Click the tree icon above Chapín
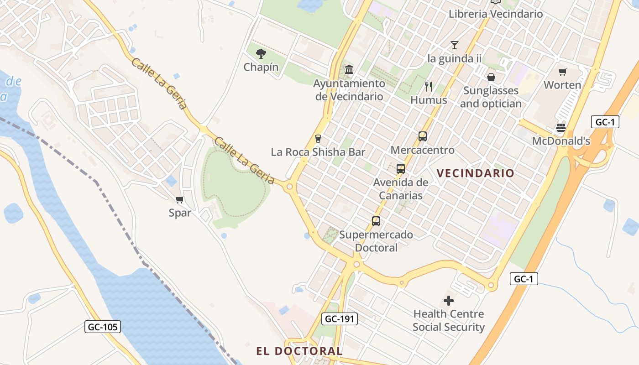pyautogui.click(x=261, y=54)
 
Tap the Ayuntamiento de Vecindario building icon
pyautogui.click(x=349, y=70)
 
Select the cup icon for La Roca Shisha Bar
pyautogui.click(x=318, y=139)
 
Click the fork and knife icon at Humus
pyautogui.click(x=429, y=86)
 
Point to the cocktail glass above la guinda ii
pyautogui.click(x=454, y=45)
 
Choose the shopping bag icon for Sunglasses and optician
pyautogui.click(x=491, y=77)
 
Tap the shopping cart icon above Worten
pyautogui.click(x=562, y=72)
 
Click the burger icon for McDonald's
pyautogui.click(x=561, y=128)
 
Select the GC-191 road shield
pyautogui.click(x=339, y=319)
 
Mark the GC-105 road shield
pyautogui.click(x=103, y=327)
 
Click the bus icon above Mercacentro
pyautogui.click(x=423, y=136)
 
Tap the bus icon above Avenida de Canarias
pyautogui.click(x=401, y=169)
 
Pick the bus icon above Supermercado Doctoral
pyautogui.click(x=376, y=221)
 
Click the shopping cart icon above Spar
pyautogui.click(x=180, y=199)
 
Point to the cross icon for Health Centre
pyautogui.click(x=449, y=301)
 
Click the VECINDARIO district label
pyautogui.click(x=475, y=173)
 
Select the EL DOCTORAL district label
pyautogui.click(x=299, y=351)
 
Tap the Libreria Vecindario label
pyautogui.click(x=496, y=14)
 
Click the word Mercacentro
pyautogui.click(x=423, y=150)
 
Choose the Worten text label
pyautogui.click(x=562, y=85)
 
